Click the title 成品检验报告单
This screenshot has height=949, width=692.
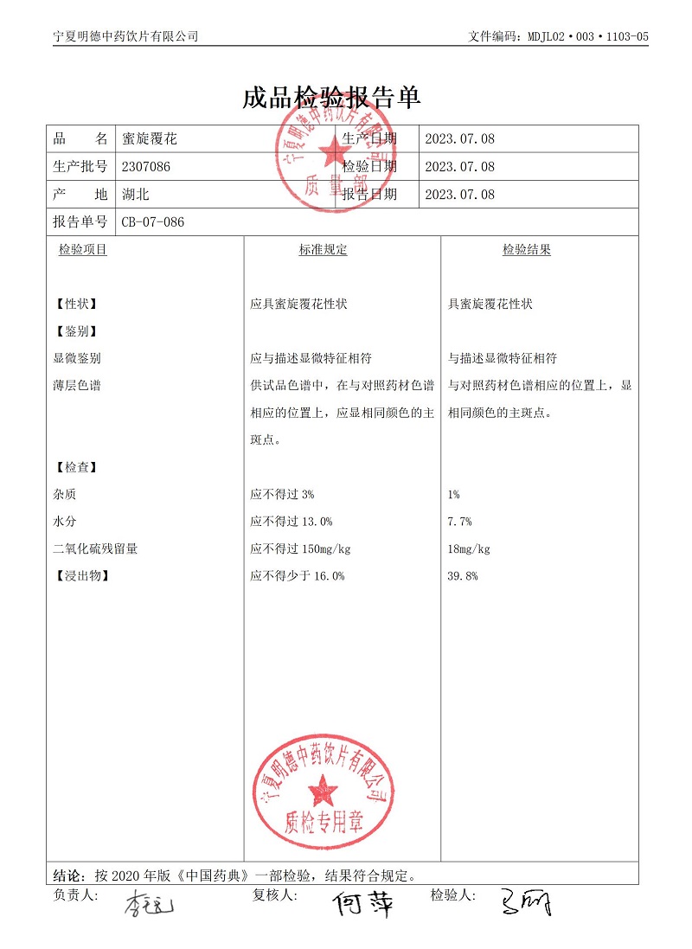pos(332,97)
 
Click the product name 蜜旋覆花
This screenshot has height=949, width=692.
pos(150,138)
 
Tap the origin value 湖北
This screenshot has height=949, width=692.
pos(136,195)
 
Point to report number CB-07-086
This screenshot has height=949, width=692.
pos(152,222)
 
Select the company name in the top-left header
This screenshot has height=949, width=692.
pos(125,36)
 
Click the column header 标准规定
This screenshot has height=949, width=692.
pos(323,250)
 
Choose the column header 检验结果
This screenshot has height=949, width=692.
pos(527,250)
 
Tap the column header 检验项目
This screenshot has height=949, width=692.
pos(83,250)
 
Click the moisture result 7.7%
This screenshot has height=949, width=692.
pos(459,522)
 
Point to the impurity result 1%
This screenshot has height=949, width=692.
pos(453,495)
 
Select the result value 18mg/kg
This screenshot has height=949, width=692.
pos(469,549)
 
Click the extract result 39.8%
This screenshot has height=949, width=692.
pos(463,576)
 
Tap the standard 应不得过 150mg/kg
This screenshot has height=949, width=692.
pos(300,549)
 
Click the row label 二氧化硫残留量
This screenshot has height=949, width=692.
pos(95,549)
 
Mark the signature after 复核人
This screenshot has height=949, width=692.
pos(363,904)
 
